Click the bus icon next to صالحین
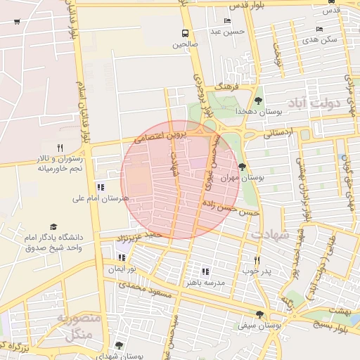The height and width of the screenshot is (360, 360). pyautogui.click(x=185, y=33)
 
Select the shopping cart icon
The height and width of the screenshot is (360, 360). pyautogui.click(x=17, y=22)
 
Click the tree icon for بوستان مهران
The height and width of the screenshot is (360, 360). pyautogui.click(x=243, y=167)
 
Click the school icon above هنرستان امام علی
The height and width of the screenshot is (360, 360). pyautogui.click(x=100, y=187)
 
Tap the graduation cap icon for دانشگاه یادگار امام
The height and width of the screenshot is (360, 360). pyautogui.click(x=14, y=228)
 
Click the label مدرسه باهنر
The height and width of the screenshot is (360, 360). pyautogui.click(x=205, y=283)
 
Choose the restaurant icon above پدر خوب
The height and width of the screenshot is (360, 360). pyautogui.click(x=257, y=260)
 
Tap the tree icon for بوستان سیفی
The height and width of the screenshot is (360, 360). pyautogui.click(x=260, y=314)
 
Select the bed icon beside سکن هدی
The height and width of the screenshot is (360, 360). pyautogui.click(x=320, y=29)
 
